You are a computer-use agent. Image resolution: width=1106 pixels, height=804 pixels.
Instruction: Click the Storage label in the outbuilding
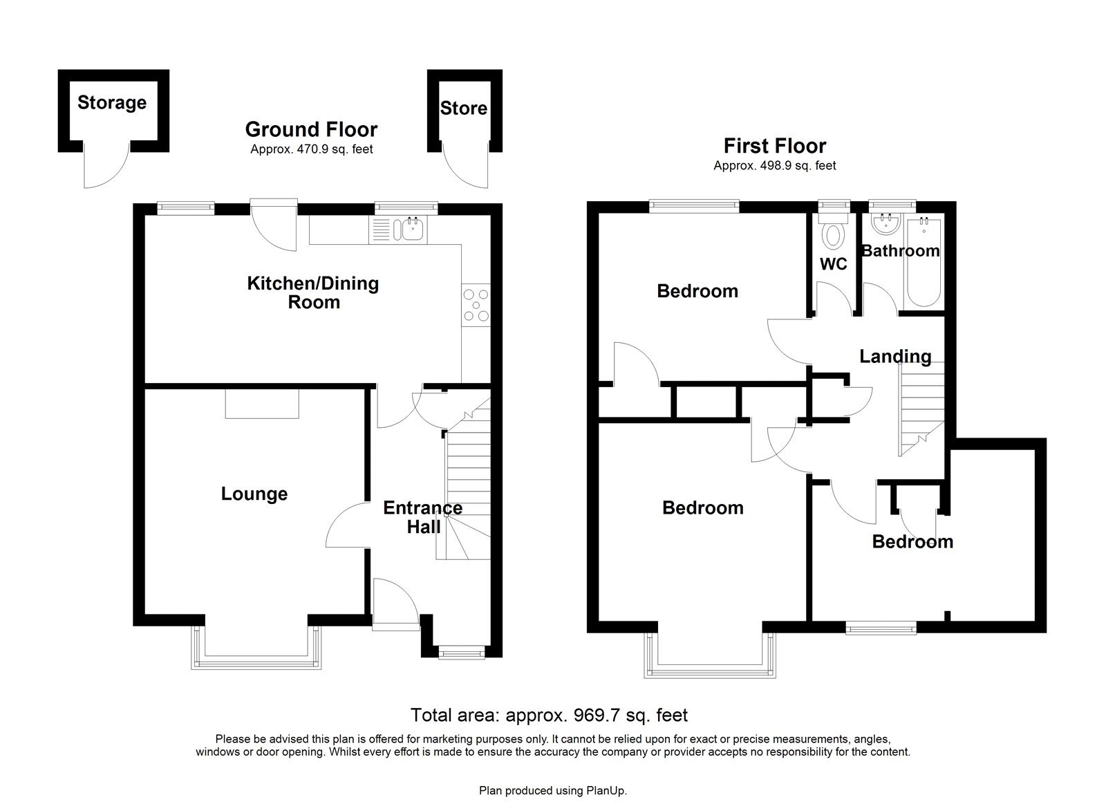click(x=111, y=103)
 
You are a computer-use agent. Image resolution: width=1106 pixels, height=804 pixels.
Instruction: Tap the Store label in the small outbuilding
click(x=463, y=109)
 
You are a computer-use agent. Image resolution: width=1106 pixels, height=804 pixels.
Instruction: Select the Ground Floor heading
click(x=311, y=129)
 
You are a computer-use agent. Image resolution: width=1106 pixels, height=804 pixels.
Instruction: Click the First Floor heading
click(x=774, y=146)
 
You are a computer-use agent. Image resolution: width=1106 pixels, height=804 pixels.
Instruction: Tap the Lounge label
click(x=254, y=494)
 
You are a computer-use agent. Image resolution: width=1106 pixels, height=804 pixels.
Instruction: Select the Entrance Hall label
click(x=422, y=517)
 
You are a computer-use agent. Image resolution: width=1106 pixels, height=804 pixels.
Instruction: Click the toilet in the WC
click(x=834, y=235)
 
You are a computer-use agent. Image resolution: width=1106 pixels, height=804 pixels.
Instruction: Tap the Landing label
click(x=894, y=357)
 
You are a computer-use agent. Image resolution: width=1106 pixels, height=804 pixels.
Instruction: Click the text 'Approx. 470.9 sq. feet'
click(x=311, y=149)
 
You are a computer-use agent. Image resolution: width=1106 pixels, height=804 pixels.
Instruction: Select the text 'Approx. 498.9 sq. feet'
click(x=774, y=166)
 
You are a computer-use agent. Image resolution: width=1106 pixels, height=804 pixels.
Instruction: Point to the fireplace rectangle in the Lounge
click(x=262, y=404)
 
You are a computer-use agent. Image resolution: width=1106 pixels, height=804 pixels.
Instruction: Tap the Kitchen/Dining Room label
click(x=313, y=292)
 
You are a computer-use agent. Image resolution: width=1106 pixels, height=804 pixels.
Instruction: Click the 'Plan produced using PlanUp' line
click(x=552, y=789)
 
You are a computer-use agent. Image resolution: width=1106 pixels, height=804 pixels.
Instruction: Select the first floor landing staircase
click(x=921, y=411)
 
